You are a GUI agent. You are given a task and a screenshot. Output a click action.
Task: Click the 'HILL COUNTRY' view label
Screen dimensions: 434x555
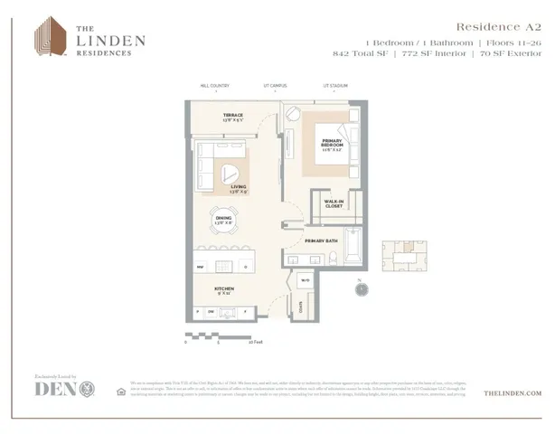pyautogui.click(x=215, y=86)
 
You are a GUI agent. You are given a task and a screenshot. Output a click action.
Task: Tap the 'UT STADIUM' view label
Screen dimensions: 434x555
pyautogui.click(x=336, y=86)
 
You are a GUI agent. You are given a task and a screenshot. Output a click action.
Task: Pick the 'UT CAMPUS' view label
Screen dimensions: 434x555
pyautogui.click(x=275, y=86)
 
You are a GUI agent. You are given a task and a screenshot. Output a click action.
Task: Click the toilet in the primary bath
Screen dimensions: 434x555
pyautogui.click(x=333, y=259)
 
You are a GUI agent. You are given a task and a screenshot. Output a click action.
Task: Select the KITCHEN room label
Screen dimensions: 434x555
pyautogui.click(x=224, y=291)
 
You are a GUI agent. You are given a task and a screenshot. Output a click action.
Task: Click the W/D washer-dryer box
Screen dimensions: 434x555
pyautogui.click(x=305, y=279)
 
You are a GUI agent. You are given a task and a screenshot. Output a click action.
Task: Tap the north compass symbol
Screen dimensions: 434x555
pyautogui.click(x=360, y=290)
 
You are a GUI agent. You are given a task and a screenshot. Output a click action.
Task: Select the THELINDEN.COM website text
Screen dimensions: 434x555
pyautogui.click(x=513, y=393)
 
